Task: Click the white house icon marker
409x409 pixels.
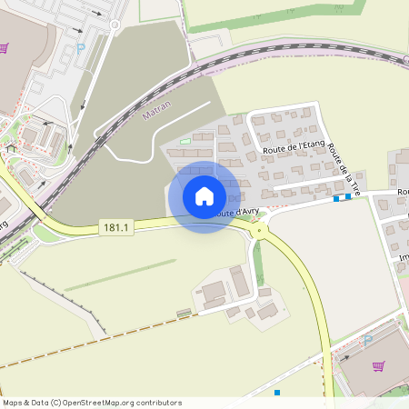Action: click(204, 196)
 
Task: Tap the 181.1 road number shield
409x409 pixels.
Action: click(118, 227)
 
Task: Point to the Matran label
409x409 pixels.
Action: click(157, 111)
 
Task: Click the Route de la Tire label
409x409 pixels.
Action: click(345, 169)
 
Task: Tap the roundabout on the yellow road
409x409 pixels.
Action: click(260, 231)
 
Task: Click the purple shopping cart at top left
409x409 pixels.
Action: click(5, 48)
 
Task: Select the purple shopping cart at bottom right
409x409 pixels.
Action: click(378, 366)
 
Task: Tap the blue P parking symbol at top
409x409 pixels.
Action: click(80, 47)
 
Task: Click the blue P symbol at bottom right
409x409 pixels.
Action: click(368, 339)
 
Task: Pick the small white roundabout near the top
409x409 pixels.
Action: click(115, 25)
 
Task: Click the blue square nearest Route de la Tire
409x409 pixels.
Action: click(348, 196)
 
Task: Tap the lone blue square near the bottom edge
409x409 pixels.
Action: click(277, 393)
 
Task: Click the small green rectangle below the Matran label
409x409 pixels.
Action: click(185, 141)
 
